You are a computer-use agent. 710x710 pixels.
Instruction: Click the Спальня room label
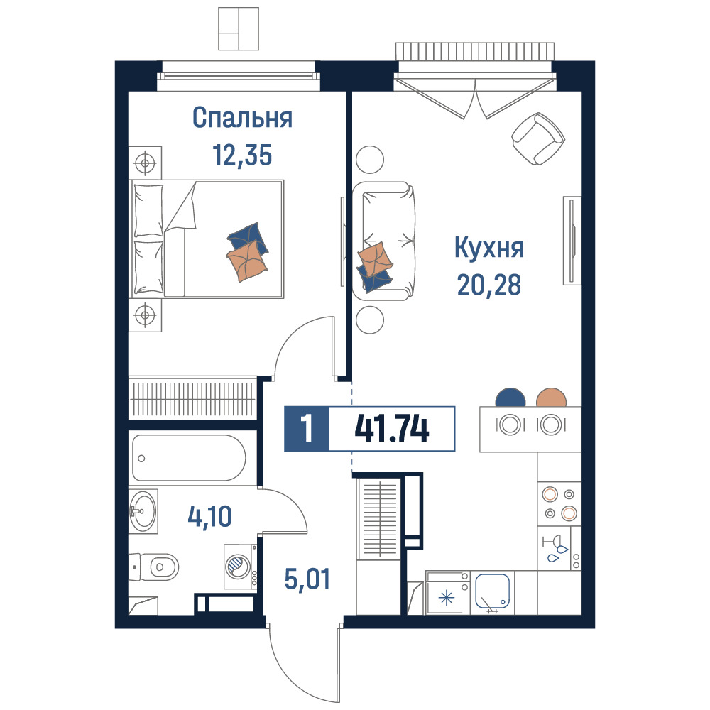(x=242, y=118)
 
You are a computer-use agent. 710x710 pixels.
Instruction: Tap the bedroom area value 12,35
(x=242, y=155)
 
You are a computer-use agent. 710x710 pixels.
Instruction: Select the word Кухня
(x=489, y=248)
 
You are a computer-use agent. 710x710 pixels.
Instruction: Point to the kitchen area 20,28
(x=489, y=285)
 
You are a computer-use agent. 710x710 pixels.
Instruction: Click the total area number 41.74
(x=392, y=429)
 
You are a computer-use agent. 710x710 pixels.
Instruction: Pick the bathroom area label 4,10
(x=209, y=516)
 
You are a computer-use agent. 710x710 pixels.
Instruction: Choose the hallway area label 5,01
(x=307, y=579)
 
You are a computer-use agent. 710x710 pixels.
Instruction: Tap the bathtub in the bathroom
(x=190, y=458)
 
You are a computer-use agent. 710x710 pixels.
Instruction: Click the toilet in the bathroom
(x=154, y=567)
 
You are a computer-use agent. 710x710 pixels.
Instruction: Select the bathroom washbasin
(x=143, y=511)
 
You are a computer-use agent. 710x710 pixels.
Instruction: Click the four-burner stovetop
(x=559, y=503)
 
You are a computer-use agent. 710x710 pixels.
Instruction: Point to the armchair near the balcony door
(x=538, y=138)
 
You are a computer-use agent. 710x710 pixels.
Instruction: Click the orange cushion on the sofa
(x=375, y=260)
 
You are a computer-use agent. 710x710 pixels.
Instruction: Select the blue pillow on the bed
(x=248, y=237)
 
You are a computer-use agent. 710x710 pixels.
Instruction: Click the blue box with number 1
(x=307, y=429)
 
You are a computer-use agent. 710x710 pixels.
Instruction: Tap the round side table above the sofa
(x=370, y=159)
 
